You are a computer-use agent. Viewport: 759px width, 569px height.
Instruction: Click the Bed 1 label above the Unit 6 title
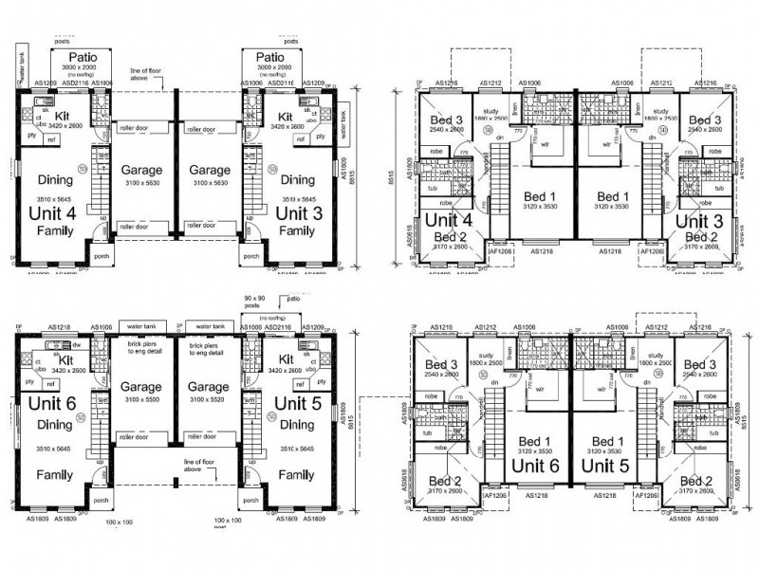535,441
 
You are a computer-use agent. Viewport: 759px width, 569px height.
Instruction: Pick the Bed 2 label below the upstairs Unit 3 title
701,237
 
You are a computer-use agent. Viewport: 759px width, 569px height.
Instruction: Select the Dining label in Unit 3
298,178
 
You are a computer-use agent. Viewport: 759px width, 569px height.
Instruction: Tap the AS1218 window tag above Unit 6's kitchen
48,326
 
